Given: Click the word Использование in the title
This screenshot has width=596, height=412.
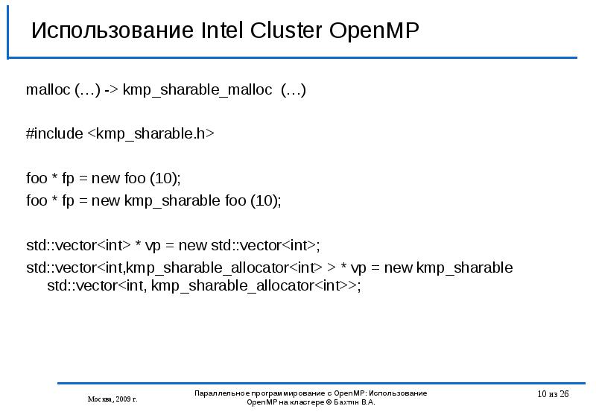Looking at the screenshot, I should [x=112, y=32].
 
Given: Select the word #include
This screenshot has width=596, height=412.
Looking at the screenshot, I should [x=54, y=134].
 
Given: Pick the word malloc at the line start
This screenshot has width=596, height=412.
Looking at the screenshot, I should [x=48, y=90].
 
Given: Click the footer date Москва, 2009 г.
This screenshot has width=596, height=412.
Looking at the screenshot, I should [x=112, y=399].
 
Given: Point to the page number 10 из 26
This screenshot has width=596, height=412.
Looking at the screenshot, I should [x=552, y=394].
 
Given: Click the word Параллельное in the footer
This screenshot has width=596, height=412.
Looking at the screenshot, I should [x=221, y=393].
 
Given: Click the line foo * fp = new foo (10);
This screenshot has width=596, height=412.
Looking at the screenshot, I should [x=104, y=179].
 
